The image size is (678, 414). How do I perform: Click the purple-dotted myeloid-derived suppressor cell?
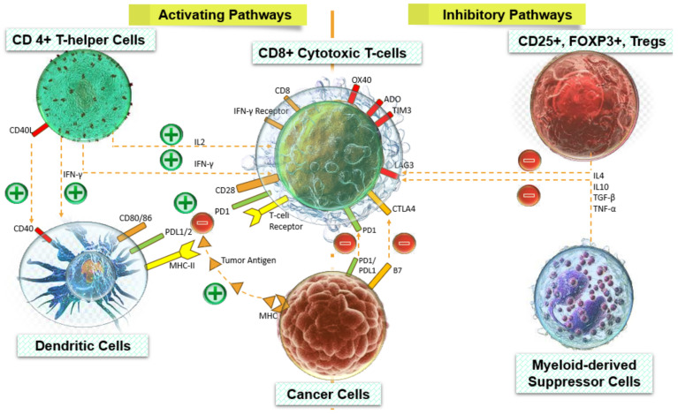click(583, 289)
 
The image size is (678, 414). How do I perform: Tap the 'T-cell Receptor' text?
click(286, 220)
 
